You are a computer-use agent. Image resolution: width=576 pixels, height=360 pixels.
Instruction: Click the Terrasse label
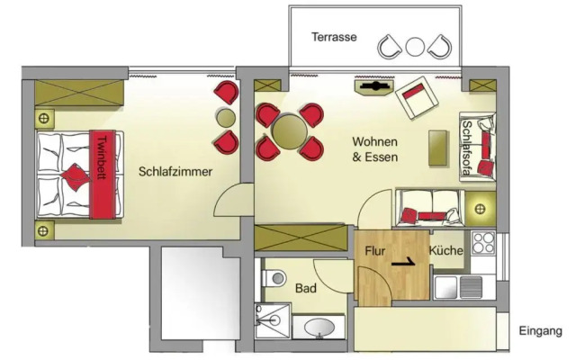click(x=334, y=37)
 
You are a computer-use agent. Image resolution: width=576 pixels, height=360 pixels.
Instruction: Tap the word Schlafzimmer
click(x=175, y=172)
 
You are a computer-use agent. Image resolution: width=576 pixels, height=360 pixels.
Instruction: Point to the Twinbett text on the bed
click(x=102, y=158)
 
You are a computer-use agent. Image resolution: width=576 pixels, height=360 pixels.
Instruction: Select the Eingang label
click(x=540, y=331)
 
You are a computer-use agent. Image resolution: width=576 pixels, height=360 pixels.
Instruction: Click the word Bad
click(x=306, y=288)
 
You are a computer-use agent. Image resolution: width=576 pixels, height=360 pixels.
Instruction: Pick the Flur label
click(x=374, y=251)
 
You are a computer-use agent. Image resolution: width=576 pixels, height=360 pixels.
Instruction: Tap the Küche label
click(x=446, y=250)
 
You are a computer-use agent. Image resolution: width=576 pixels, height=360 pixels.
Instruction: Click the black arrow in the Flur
click(x=403, y=263)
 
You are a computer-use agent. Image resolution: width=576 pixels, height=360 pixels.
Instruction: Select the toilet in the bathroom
click(x=274, y=278)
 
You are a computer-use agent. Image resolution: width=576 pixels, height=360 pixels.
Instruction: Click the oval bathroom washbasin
click(x=319, y=327)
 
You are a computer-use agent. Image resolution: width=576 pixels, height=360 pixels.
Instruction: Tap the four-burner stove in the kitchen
click(x=483, y=242)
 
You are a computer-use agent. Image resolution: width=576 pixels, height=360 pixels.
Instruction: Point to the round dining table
click(x=290, y=132)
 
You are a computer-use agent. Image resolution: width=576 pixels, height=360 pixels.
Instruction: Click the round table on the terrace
click(x=415, y=47)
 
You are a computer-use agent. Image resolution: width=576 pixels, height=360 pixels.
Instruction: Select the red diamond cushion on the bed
click(x=76, y=177)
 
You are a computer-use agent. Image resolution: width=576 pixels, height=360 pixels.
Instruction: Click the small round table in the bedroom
click(x=226, y=118)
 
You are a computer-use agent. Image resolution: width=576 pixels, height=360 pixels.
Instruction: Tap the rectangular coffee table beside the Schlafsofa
click(x=438, y=148)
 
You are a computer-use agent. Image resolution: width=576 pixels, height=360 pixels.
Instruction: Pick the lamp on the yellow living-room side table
click(x=480, y=210)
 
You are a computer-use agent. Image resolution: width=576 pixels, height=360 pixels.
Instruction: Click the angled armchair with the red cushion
click(x=417, y=98)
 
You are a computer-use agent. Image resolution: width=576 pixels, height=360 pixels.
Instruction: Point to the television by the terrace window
click(x=374, y=87)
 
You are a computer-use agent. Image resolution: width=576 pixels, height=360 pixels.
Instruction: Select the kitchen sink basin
click(x=445, y=287)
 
